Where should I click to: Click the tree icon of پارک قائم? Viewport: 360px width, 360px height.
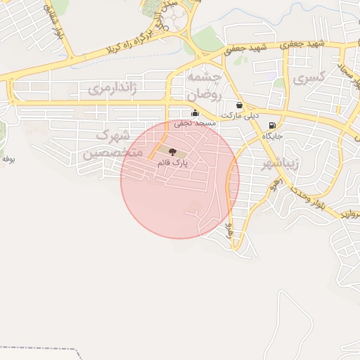173,151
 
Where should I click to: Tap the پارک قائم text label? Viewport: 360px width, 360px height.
173,162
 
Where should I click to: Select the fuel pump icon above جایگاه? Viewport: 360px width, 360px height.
271,125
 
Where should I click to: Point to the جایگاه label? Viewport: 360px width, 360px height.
272,136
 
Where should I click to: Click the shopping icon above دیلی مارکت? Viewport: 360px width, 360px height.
240,105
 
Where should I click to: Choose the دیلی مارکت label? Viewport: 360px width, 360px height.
240,115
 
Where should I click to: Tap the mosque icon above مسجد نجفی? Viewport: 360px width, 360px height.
195,113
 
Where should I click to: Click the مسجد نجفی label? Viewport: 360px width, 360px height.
195,124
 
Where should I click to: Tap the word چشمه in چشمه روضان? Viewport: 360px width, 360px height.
204,77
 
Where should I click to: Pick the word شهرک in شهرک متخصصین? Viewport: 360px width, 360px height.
113,135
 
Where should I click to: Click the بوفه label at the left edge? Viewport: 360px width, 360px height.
8,159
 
